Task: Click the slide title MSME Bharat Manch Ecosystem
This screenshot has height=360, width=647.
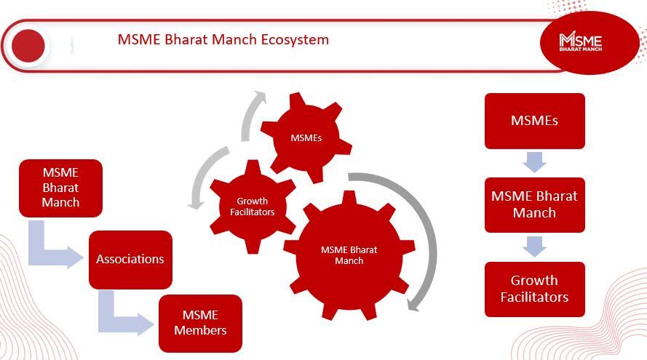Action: point(223,39)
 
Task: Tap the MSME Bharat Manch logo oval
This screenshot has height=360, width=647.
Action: point(590,43)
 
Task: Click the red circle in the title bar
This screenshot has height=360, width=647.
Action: point(28,46)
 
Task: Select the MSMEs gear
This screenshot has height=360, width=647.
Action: point(306,137)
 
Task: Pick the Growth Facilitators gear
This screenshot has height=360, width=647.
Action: point(253,207)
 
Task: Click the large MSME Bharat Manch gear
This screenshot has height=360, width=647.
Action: point(349,255)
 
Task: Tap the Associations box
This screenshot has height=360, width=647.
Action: point(130,260)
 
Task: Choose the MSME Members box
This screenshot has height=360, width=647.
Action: point(201,323)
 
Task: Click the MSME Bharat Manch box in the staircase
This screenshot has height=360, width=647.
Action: point(60,188)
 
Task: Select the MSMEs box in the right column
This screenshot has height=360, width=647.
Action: point(535,121)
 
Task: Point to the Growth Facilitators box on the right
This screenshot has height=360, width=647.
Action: point(535,289)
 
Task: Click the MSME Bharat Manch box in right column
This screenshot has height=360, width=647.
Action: point(535,205)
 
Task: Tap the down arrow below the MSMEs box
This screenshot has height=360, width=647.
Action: point(535,162)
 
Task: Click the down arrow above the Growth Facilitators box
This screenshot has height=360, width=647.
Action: point(535,247)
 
